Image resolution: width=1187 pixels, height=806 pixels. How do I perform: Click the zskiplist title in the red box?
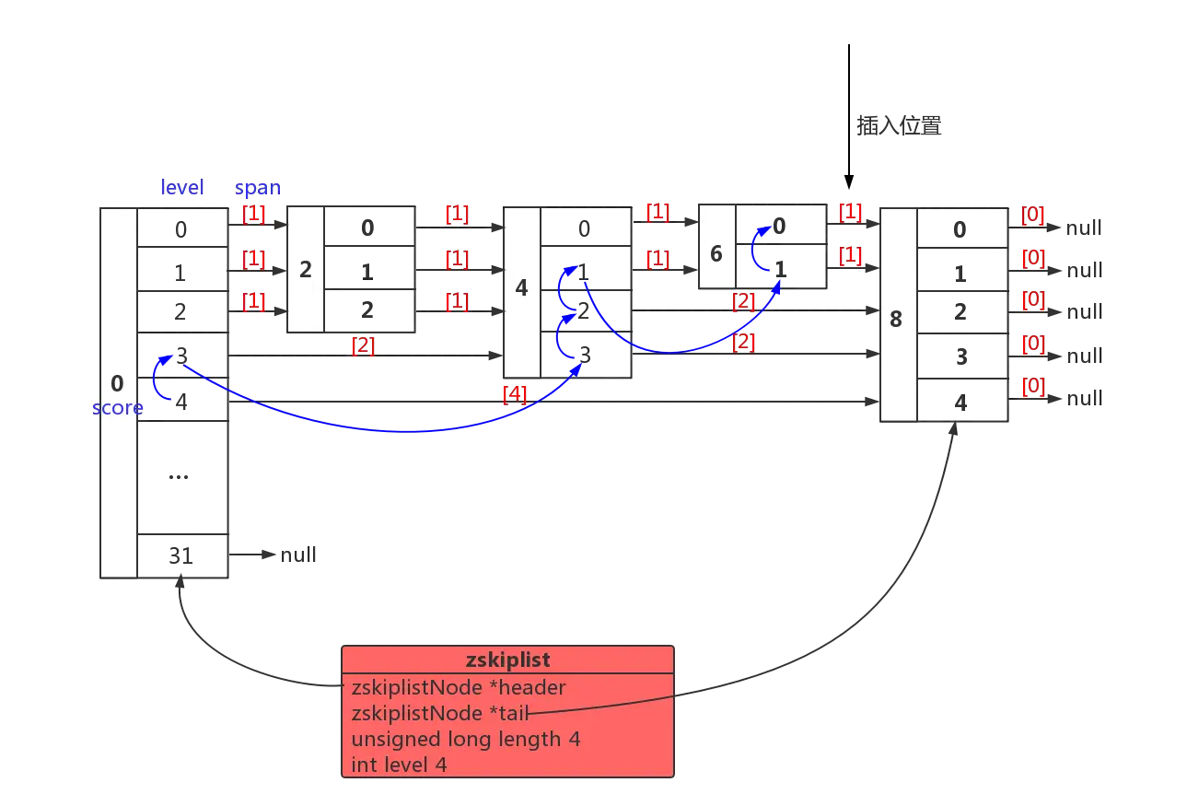coord(507,660)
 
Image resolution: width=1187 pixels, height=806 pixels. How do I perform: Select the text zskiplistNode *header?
coord(459,687)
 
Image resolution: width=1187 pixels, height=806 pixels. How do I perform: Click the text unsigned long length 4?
coord(466,739)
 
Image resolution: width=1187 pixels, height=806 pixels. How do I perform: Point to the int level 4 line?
coord(399,765)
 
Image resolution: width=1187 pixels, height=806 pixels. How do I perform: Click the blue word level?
coord(182,188)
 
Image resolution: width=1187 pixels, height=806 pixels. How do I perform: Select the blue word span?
coord(258,188)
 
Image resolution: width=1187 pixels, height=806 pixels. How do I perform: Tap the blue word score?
coord(117,407)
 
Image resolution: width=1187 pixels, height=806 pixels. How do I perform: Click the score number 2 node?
coord(306,270)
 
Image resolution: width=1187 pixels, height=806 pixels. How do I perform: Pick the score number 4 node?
coord(521,288)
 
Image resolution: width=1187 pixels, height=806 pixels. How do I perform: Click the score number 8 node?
coord(897,320)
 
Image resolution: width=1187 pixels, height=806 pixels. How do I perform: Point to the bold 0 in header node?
coord(117,383)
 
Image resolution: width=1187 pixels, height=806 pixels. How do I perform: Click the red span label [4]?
coord(514,394)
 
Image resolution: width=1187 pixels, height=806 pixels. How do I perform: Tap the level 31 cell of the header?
coord(180,556)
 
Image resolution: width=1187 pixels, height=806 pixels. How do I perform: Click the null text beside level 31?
coord(297,555)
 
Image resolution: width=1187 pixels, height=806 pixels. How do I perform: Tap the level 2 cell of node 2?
coord(368,309)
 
